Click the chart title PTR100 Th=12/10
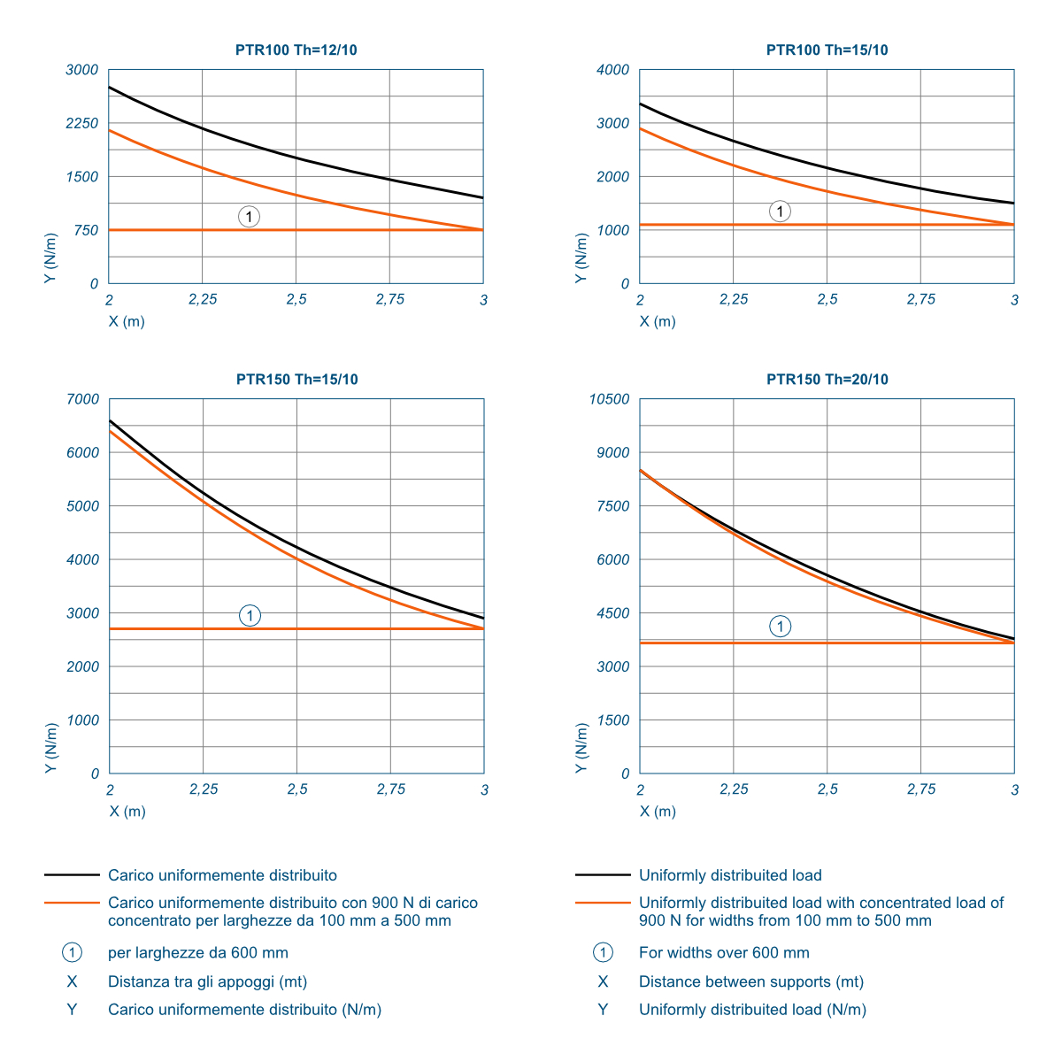[x=296, y=50]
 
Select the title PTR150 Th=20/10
[x=827, y=380]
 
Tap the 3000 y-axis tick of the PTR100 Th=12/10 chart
[x=82, y=70]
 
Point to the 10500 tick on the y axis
[x=610, y=399]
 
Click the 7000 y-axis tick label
[x=83, y=399]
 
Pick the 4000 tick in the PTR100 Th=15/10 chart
[x=613, y=70]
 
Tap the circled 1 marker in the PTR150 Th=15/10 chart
[x=250, y=616]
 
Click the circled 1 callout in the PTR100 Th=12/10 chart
[x=250, y=217]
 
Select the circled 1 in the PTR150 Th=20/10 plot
[x=780, y=627]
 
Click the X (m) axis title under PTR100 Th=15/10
[x=658, y=321]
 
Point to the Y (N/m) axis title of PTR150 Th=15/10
[x=51, y=748]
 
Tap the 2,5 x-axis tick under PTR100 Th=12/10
[x=296, y=300]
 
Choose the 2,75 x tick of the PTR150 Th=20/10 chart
[x=921, y=789]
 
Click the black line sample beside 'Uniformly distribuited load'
[x=603, y=875]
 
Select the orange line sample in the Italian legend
[x=72, y=903]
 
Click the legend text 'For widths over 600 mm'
[x=724, y=953]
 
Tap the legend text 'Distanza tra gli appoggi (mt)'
[x=208, y=981]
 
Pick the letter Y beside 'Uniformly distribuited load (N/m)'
[x=603, y=1010]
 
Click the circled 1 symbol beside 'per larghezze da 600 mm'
[x=72, y=953]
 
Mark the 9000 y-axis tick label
[x=613, y=453]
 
